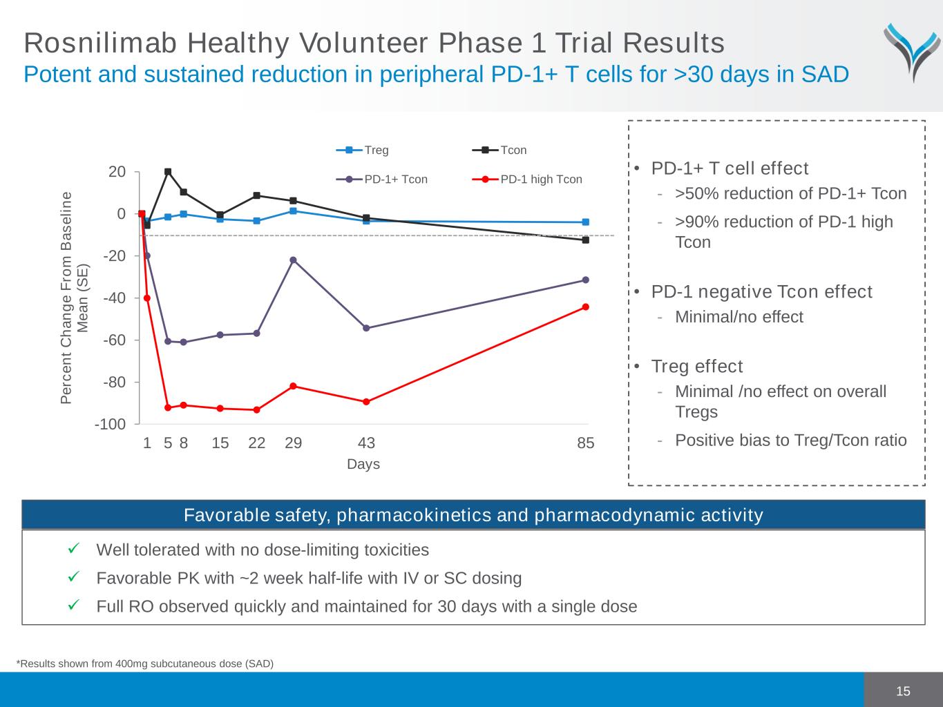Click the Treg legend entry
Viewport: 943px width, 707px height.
pyautogui.click(x=363, y=150)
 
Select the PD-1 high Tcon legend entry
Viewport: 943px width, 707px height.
pyautogui.click(x=528, y=180)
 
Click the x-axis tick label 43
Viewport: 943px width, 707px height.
pyautogui.click(x=366, y=443)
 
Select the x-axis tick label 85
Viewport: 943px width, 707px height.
pyautogui.click(x=585, y=443)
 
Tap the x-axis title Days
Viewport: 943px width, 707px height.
pyautogui.click(x=363, y=464)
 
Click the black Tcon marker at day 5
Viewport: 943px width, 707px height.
pyautogui.click(x=168, y=172)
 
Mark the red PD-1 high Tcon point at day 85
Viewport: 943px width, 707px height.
pyautogui.click(x=586, y=307)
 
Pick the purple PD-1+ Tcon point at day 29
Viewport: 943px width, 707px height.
pyautogui.click(x=293, y=260)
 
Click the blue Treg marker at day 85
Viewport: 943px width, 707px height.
pyautogui.click(x=586, y=222)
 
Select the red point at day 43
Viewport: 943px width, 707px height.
pyautogui.click(x=366, y=402)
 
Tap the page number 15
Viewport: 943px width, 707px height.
pyautogui.click(x=903, y=691)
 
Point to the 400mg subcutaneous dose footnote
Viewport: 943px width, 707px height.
pyautogui.click(x=145, y=664)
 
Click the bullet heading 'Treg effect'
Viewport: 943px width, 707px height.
pyautogui.click(x=697, y=366)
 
